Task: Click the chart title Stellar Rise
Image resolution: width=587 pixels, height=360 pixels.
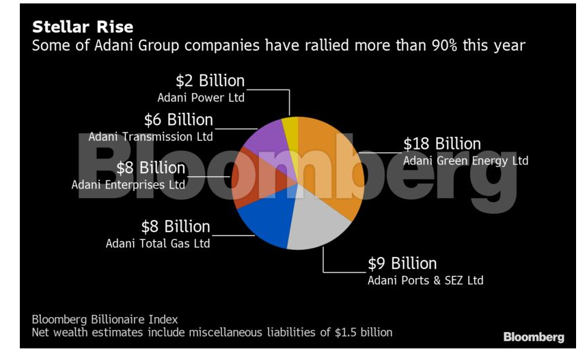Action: tap(83, 28)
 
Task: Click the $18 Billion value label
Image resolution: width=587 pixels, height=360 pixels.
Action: tap(441, 144)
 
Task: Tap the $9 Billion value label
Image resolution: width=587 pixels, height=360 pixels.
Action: tap(402, 264)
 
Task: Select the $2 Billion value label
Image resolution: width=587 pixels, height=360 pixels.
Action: tap(210, 81)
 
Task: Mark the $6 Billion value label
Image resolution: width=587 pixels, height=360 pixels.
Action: tap(178, 120)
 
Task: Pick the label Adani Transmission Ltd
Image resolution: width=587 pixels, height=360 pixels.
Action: tap(150, 137)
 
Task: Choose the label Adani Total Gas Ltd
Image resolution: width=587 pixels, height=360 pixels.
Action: tap(157, 243)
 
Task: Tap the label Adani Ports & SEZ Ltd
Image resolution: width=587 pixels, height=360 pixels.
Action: tap(426, 280)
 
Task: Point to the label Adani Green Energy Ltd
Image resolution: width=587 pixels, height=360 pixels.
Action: tap(465, 161)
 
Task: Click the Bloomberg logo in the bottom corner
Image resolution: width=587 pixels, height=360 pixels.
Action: tap(534, 337)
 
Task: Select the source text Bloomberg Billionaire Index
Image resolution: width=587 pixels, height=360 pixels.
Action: tap(105, 320)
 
